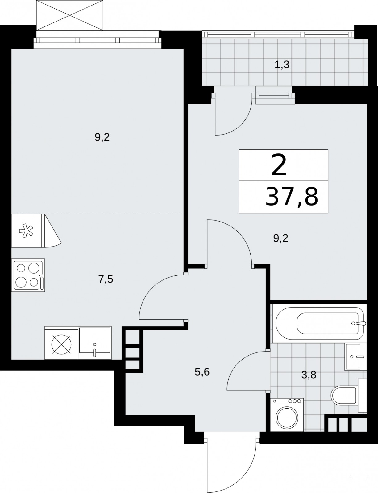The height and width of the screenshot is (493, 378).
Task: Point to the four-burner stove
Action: [28, 275]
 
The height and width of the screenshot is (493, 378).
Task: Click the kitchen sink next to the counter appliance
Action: [95, 343]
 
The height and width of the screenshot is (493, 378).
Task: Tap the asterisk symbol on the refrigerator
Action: [26, 231]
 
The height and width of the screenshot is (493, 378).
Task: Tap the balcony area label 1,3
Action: [282, 65]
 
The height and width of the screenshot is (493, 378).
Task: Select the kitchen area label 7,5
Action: [106, 279]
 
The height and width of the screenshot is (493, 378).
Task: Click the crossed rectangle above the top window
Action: [70, 15]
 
